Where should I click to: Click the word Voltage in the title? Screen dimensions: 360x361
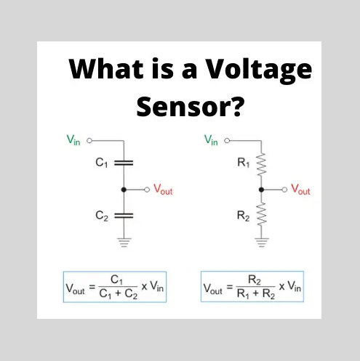click(258, 70)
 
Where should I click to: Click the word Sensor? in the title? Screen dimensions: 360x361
click(191, 107)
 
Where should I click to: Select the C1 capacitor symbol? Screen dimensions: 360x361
click(124, 163)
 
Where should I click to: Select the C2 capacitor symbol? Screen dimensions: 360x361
click(124, 216)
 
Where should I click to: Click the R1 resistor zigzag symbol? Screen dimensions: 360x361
click(261, 164)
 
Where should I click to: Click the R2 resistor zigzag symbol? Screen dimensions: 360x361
click(261, 214)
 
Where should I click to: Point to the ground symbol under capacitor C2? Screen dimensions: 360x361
click(124, 243)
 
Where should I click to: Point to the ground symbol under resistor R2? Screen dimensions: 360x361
click(262, 243)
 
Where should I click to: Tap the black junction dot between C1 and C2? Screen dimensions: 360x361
click(124, 190)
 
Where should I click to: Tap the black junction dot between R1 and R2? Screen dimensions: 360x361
click(261, 190)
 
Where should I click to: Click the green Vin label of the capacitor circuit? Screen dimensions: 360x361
click(73, 140)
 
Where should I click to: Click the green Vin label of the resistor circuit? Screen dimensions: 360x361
click(211, 140)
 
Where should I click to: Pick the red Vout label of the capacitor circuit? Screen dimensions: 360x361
click(163, 190)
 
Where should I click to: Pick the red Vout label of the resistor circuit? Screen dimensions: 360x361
click(300, 190)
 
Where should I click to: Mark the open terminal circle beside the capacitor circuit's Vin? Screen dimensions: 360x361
click(89, 140)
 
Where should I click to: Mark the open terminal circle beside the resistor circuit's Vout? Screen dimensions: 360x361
click(284, 190)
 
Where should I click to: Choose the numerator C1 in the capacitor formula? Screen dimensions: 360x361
click(116, 280)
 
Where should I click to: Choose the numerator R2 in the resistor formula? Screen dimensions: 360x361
click(255, 280)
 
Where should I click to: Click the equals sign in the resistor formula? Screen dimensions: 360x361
click(230, 287)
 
